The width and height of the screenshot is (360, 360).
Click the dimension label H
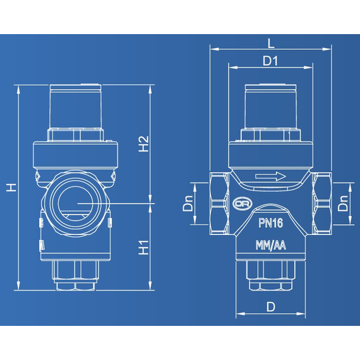(11, 187)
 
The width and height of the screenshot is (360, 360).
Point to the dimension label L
(271, 43)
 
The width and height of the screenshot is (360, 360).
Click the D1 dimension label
(271, 61)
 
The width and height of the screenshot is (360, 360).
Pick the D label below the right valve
(271, 307)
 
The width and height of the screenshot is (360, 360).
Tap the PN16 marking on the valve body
(271, 222)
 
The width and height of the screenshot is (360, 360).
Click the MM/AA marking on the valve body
(271, 246)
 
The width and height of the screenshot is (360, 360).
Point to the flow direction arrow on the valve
(271, 177)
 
